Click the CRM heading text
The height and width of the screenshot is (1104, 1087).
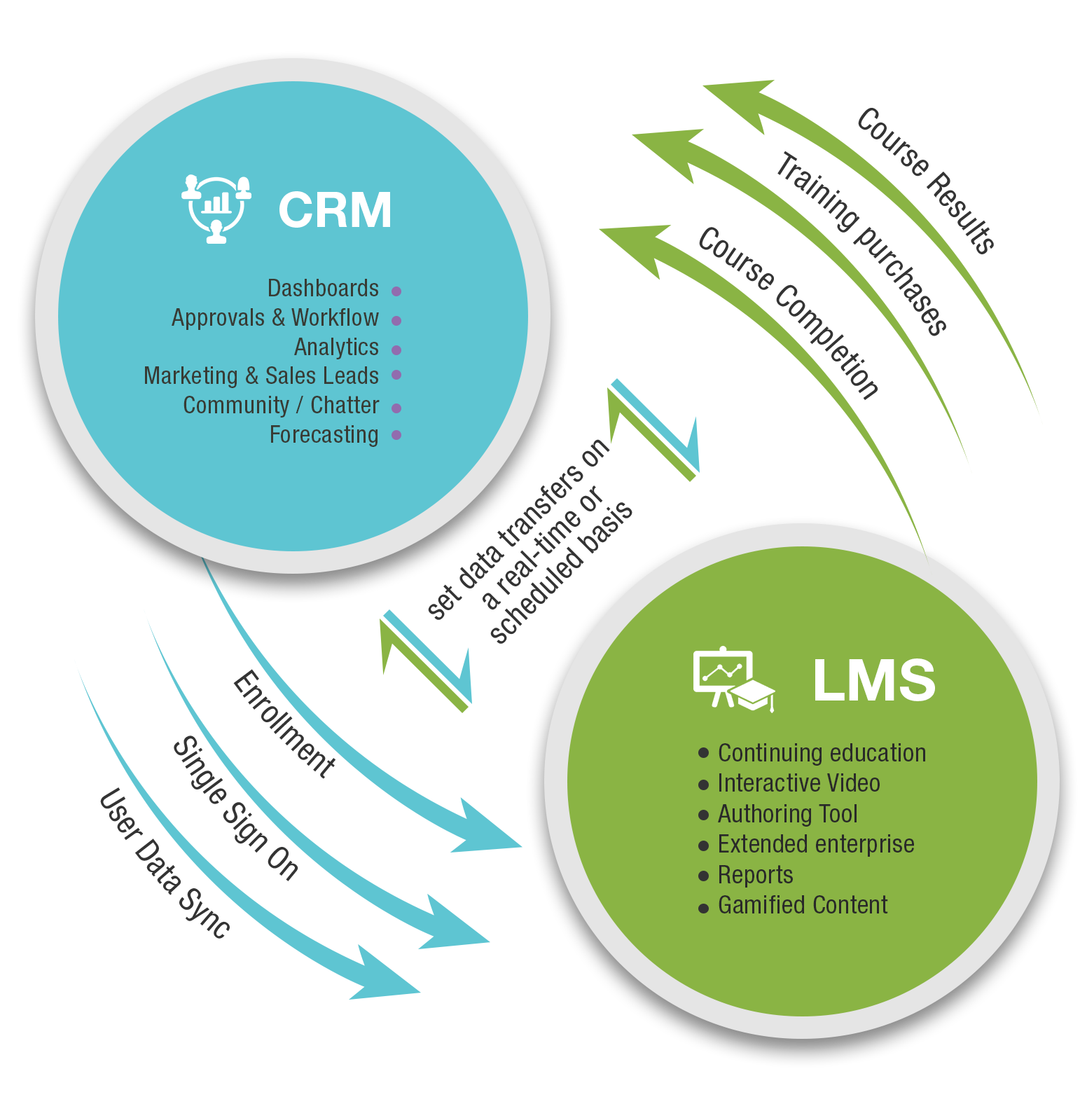335,210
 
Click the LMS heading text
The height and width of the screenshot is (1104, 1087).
873,680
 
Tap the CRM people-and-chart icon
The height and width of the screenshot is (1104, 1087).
216,208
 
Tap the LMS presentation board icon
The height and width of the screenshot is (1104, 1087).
732,679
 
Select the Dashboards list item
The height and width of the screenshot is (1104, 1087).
323,289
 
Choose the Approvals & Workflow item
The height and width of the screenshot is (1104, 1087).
275,318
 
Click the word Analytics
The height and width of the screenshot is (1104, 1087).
336,347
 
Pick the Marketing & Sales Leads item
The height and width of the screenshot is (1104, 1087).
261,376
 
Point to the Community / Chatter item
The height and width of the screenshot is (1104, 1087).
281,406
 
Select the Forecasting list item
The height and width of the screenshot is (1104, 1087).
324,435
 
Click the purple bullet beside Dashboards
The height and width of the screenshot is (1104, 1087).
396,291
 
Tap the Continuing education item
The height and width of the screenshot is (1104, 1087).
822,753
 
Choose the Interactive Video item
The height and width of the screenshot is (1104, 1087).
798,783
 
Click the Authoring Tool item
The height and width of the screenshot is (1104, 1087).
787,814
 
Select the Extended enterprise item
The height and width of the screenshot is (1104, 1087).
816,844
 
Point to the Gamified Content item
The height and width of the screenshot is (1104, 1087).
803,905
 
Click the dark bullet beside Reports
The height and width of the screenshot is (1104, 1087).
704,877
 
